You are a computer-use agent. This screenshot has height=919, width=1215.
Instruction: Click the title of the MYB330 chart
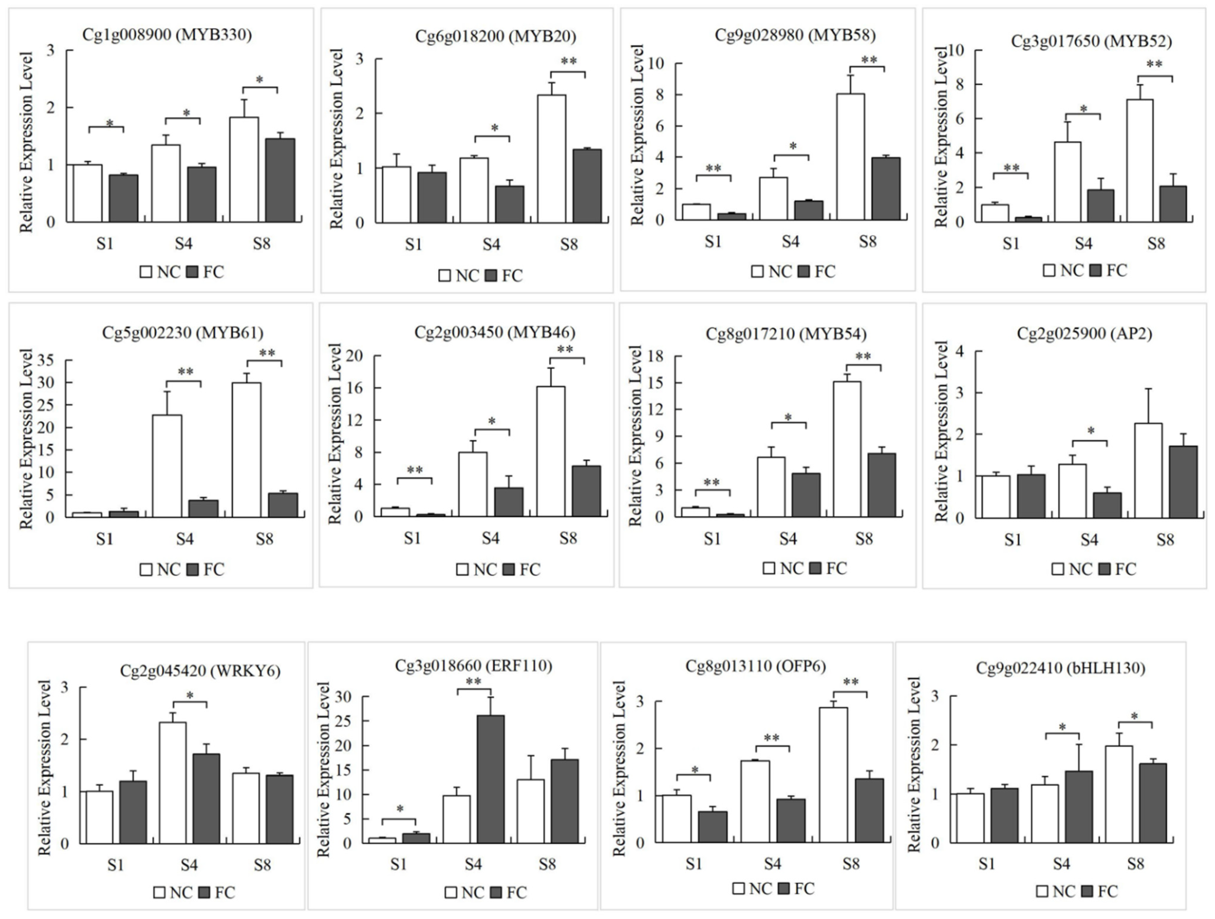coord(167,35)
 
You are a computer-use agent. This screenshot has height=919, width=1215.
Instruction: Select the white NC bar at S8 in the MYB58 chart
coord(850,157)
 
